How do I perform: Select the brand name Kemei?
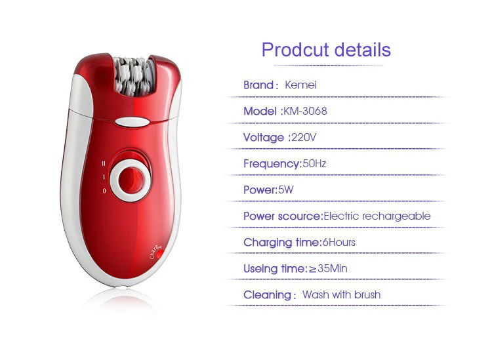coord(300,85)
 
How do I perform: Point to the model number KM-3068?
coord(305,111)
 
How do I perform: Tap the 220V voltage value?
coord(304,137)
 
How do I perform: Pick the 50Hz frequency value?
coord(314,163)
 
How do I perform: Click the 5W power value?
coord(286,190)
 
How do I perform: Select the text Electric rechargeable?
coord(377,216)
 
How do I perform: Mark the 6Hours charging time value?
coord(339,242)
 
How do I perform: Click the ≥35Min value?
coord(328,268)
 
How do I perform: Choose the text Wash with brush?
coord(341,295)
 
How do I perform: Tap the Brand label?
coord(258,85)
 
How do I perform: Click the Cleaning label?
coord(268,295)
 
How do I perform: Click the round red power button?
coord(131,180)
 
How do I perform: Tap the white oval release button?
coord(132,122)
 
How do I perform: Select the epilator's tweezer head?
coord(134,76)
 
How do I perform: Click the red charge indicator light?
coord(159,254)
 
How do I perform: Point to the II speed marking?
coord(104,163)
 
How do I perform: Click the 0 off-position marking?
coord(104,191)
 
